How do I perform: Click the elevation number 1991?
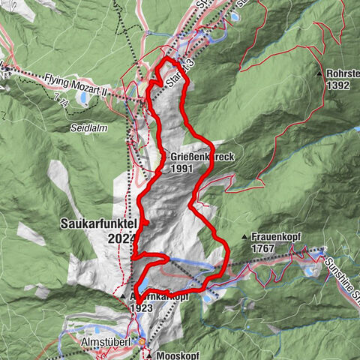click(181, 169)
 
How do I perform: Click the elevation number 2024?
click(122, 238)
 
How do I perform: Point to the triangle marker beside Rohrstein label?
click(320, 74)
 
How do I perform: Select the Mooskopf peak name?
click(178, 355)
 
